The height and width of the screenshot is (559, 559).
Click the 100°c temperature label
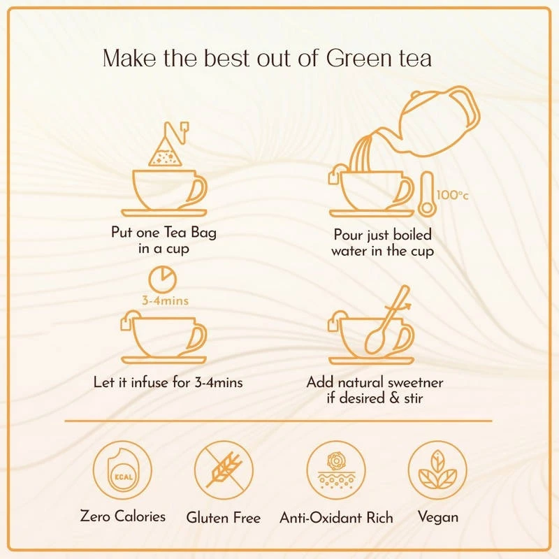tap(452, 195)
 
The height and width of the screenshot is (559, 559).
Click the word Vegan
tap(437, 517)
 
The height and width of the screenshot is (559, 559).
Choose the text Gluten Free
tap(224, 518)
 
